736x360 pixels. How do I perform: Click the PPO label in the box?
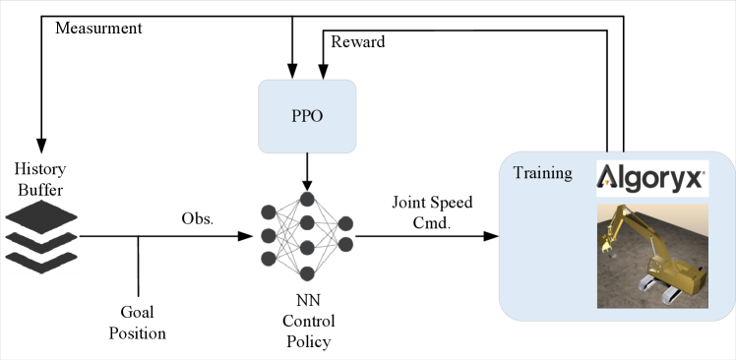(306, 116)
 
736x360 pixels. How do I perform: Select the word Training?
(542, 173)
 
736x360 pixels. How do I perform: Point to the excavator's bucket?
(606, 251)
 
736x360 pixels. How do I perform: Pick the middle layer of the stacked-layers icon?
(40, 238)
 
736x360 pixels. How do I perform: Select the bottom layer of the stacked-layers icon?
(40, 259)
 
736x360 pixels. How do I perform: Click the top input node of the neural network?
(267, 211)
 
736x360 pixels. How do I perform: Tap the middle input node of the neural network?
(267, 235)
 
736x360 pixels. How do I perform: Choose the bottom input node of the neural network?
(267, 259)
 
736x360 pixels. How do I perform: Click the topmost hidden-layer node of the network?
(306, 200)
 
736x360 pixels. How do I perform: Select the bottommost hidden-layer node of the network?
(306, 272)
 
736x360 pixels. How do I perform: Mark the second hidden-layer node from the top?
(306, 223)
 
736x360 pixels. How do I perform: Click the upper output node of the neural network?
(345, 223)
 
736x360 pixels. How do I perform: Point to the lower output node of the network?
(345, 244)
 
